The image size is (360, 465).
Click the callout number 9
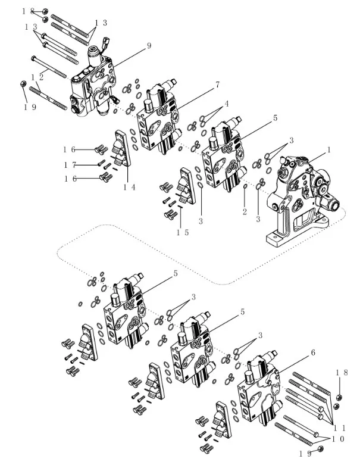(x=149, y=45)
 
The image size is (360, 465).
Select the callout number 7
(x=217, y=85)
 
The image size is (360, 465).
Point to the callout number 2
(x=244, y=213)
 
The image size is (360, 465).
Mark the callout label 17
(x=69, y=164)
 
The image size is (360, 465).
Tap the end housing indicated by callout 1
(x=300, y=196)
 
